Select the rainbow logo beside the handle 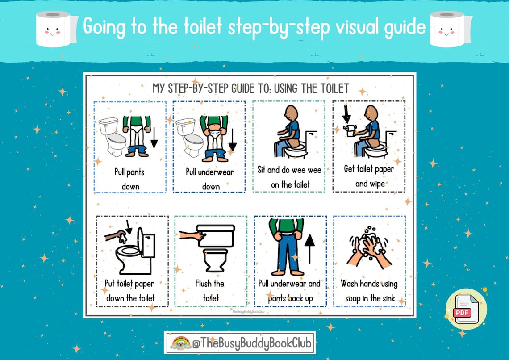point(181,343)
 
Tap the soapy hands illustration point(369,248)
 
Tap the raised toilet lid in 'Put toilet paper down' point(141,242)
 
